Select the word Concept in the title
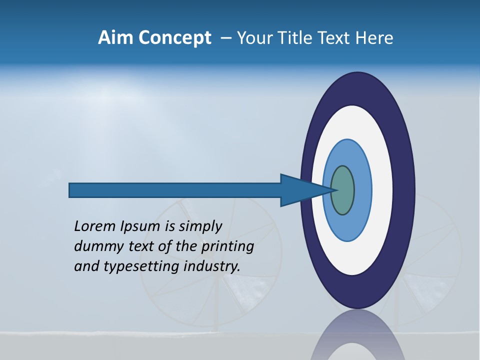173,38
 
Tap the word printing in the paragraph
227,246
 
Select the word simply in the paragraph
200,227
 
